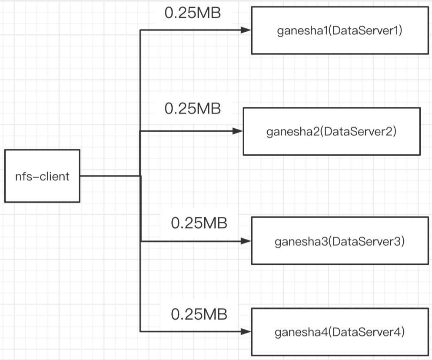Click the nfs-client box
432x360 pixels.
pos(42,176)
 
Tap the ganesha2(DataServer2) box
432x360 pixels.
pos(331,131)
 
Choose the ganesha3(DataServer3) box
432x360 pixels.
pos(339,241)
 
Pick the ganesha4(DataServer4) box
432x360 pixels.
pos(339,332)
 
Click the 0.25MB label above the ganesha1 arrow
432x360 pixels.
pos(193,13)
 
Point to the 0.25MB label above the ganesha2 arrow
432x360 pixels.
pos(193,109)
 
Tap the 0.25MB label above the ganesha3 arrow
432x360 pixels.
pos(199,223)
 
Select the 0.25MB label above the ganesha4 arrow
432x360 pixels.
pos(199,314)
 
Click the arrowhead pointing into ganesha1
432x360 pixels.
pos(246,30)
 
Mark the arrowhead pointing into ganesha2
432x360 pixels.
pos(237,130)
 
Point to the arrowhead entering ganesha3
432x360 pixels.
pos(246,241)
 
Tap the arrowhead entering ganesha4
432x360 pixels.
pos(246,331)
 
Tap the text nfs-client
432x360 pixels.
pos(42,177)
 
